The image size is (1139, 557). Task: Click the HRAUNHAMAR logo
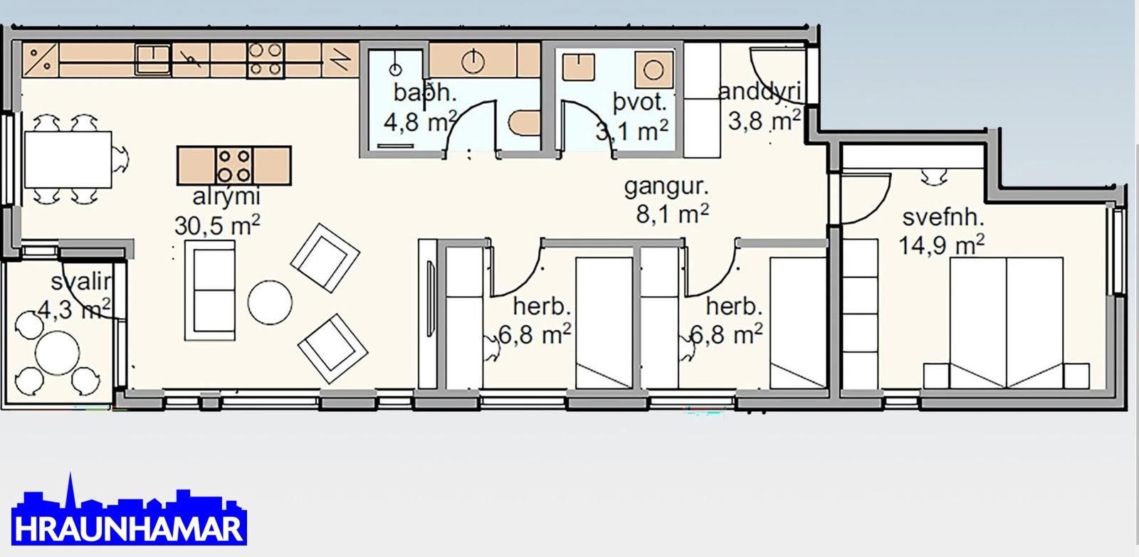129,510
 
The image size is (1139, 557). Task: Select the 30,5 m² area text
217,225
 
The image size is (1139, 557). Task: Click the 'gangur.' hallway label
666,188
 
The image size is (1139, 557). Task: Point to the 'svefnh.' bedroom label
943,218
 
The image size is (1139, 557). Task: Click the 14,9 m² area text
941,245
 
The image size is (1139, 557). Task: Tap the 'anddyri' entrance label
760,92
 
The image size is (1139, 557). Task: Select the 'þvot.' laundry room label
640,102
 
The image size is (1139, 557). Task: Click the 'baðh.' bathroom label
425,92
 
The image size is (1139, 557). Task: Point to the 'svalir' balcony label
81,281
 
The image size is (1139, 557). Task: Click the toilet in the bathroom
524,123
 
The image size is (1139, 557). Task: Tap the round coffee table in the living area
270,302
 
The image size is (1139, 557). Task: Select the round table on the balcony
57,353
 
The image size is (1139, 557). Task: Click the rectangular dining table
68,159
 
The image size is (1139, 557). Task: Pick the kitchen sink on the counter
152,60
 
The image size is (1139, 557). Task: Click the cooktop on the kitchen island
234,166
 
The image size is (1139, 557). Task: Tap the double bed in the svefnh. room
1007,323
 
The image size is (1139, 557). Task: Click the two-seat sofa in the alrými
210,290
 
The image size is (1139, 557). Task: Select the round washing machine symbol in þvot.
654,70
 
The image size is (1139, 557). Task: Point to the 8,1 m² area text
672,214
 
